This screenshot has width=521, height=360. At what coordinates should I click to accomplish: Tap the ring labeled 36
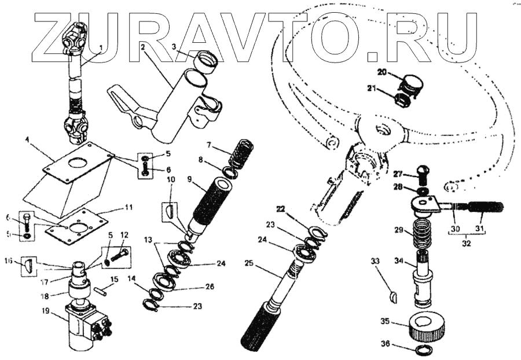coord(423,349)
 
